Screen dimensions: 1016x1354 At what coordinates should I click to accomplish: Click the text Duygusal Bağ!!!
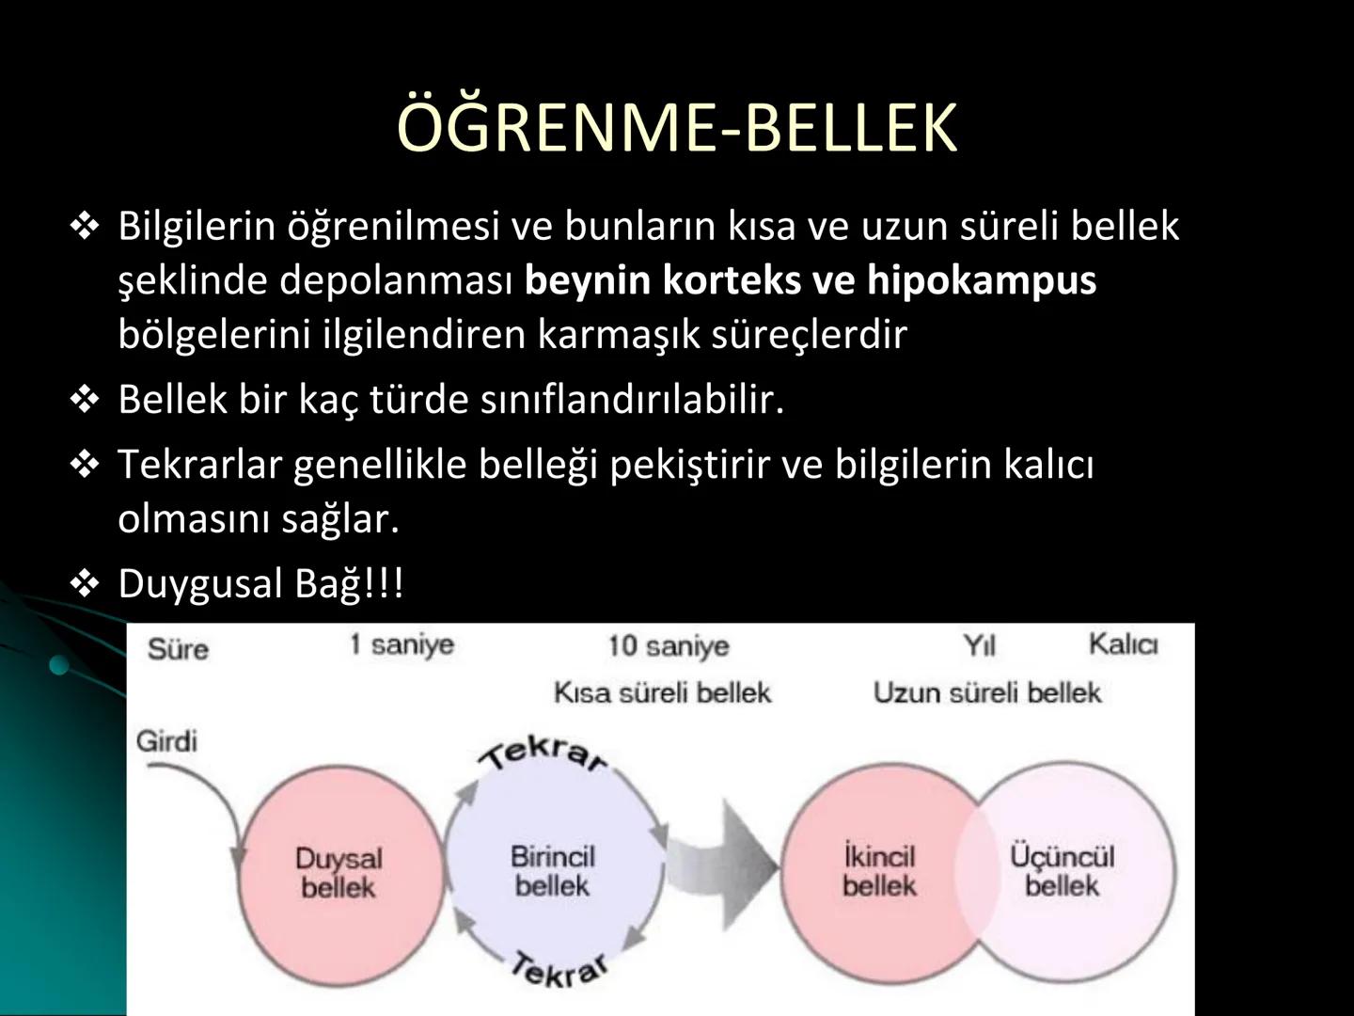click(260, 584)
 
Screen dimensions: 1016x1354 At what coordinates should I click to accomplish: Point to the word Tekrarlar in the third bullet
click(198, 465)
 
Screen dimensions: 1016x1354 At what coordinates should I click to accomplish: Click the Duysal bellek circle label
click(338, 872)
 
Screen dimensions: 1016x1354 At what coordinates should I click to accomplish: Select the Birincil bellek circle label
click(553, 870)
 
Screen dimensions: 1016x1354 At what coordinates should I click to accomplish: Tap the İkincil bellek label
click(879, 870)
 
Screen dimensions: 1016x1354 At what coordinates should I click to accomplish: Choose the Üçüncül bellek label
click(1062, 870)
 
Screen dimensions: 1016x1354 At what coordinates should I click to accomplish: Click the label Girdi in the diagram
click(167, 741)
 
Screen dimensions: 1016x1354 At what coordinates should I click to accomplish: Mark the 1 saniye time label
click(401, 645)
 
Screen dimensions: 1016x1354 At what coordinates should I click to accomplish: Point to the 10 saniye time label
click(668, 646)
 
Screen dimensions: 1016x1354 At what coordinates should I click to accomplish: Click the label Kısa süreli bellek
click(662, 693)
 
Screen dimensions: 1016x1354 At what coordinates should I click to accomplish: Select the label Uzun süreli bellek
click(986, 693)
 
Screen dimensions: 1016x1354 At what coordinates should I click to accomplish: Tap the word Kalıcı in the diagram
click(1123, 644)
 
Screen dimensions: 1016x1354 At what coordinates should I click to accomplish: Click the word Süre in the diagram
click(178, 648)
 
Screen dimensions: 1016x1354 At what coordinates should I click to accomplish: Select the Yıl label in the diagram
click(979, 646)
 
